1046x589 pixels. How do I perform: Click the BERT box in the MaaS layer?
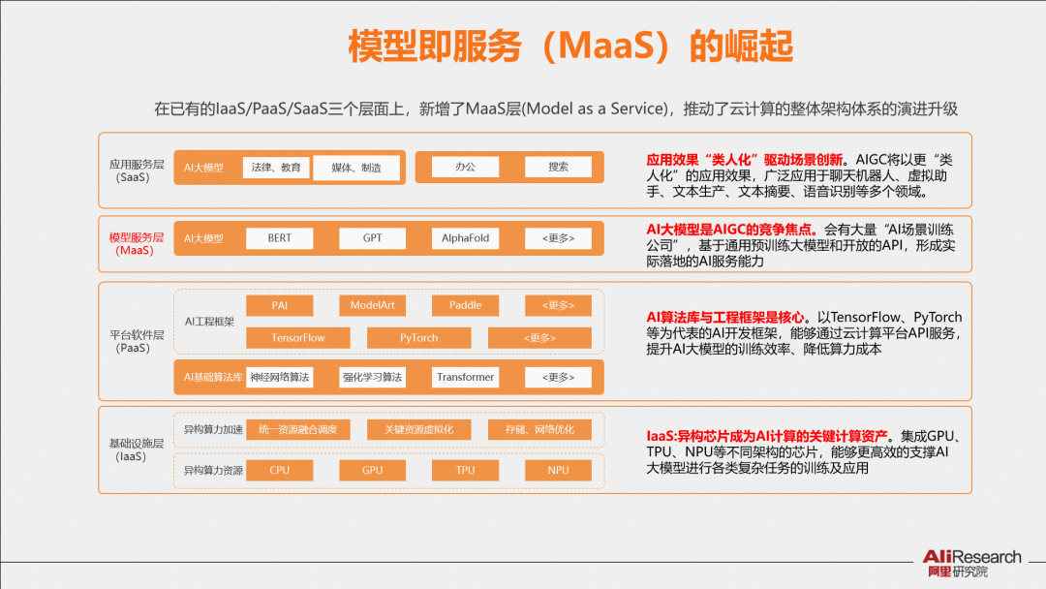point(280,238)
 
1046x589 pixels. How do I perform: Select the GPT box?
point(372,238)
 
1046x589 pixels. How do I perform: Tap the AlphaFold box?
point(465,238)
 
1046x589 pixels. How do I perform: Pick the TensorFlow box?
point(298,337)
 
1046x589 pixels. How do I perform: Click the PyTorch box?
point(419,337)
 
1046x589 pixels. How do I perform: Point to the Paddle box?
point(465,305)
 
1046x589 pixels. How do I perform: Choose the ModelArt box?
point(372,305)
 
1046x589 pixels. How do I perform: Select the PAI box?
point(280,305)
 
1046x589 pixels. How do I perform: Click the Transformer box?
point(465,378)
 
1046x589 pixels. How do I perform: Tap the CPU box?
point(280,470)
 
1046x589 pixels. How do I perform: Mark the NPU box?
point(558,470)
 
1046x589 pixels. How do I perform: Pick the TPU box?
point(465,470)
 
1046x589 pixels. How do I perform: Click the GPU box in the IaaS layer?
point(372,470)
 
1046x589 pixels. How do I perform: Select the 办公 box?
point(465,167)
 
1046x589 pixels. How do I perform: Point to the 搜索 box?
point(558,167)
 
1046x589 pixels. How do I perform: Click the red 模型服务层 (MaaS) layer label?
point(137,244)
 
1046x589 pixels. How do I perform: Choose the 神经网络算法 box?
point(280,378)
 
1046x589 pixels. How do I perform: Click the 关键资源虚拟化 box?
point(419,429)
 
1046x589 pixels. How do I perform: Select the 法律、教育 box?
point(276,168)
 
